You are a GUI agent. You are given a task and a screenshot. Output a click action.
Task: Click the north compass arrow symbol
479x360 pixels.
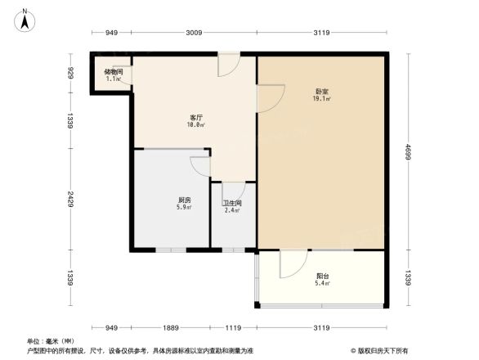[25, 19]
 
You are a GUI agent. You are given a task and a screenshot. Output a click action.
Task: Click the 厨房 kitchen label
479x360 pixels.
[185, 200]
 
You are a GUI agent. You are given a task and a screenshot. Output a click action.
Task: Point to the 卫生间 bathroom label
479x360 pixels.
[233, 203]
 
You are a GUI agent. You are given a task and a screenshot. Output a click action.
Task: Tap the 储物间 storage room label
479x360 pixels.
[114, 72]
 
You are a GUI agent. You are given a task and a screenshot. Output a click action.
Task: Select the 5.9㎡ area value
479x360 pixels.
[185, 208]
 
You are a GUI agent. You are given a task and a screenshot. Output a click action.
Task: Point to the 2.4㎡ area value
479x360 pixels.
[233, 211]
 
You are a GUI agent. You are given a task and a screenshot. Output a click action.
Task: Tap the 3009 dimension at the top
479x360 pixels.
[193, 33]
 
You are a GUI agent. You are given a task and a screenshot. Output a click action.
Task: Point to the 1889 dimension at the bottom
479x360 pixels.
[170, 327]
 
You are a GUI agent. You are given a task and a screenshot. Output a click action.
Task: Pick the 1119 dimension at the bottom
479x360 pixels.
[233, 327]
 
